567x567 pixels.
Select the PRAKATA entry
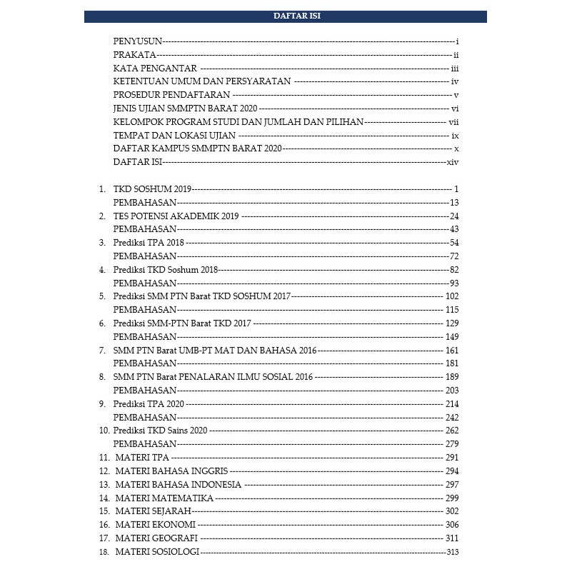pos(135,55)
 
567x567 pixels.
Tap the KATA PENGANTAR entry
pos(155,68)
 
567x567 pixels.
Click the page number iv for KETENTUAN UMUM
pos(453,81)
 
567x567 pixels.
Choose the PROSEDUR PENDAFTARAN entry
pos(171,95)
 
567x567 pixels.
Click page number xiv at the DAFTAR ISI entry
pos(451,163)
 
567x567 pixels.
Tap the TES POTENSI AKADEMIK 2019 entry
pos(176,216)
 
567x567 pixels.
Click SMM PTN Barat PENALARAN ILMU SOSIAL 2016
pos(214,377)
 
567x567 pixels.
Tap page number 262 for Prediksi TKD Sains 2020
pos(451,431)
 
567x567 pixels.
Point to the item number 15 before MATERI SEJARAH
pos(104,511)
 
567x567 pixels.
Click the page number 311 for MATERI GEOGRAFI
pos(451,538)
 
